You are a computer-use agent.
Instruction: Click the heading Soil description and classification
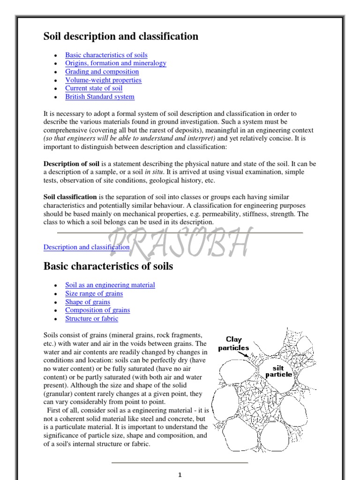[x=121, y=37]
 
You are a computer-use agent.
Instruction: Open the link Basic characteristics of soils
[x=106, y=55]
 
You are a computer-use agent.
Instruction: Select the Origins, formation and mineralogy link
[x=115, y=63]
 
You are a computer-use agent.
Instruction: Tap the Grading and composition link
[x=102, y=72]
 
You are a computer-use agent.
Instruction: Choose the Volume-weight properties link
[x=103, y=80]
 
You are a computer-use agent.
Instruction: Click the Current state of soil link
[x=94, y=88]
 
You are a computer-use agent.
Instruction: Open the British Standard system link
[x=99, y=97]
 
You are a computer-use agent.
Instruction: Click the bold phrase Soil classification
[x=70, y=197]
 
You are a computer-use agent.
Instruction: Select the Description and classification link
[x=86, y=247]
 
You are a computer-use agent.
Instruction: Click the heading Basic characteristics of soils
[x=108, y=267]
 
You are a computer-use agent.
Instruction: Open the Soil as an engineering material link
[x=110, y=285]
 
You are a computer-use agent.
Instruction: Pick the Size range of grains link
[x=94, y=293]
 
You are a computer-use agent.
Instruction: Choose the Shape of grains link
[x=87, y=302]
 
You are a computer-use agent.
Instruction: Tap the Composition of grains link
[x=97, y=310]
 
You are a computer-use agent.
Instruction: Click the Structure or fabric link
[x=91, y=319]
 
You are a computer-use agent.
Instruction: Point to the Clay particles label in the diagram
[x=233, y=344]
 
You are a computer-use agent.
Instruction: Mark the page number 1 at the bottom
[x=180, y=475]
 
